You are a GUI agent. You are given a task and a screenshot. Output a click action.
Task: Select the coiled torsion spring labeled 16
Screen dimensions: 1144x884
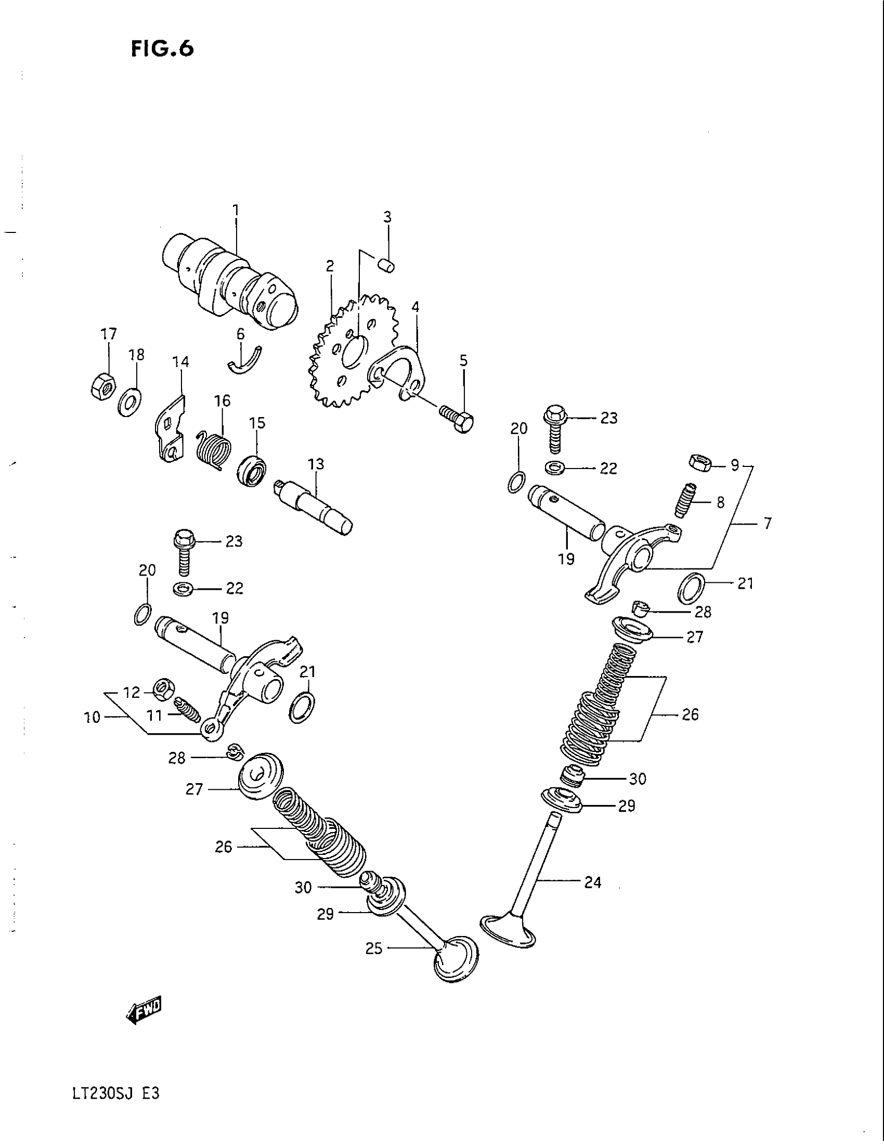click(x=214, y=447)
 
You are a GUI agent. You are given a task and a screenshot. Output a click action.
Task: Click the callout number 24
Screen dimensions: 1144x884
click(x=592, y=882)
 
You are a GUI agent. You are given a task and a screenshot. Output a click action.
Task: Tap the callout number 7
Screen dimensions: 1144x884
click(x=767, y=523)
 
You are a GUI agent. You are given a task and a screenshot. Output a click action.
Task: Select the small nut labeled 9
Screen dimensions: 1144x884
click(x=699, y=463)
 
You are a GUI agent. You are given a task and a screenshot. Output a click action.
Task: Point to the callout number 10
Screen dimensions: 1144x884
click(x=92, y=717)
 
